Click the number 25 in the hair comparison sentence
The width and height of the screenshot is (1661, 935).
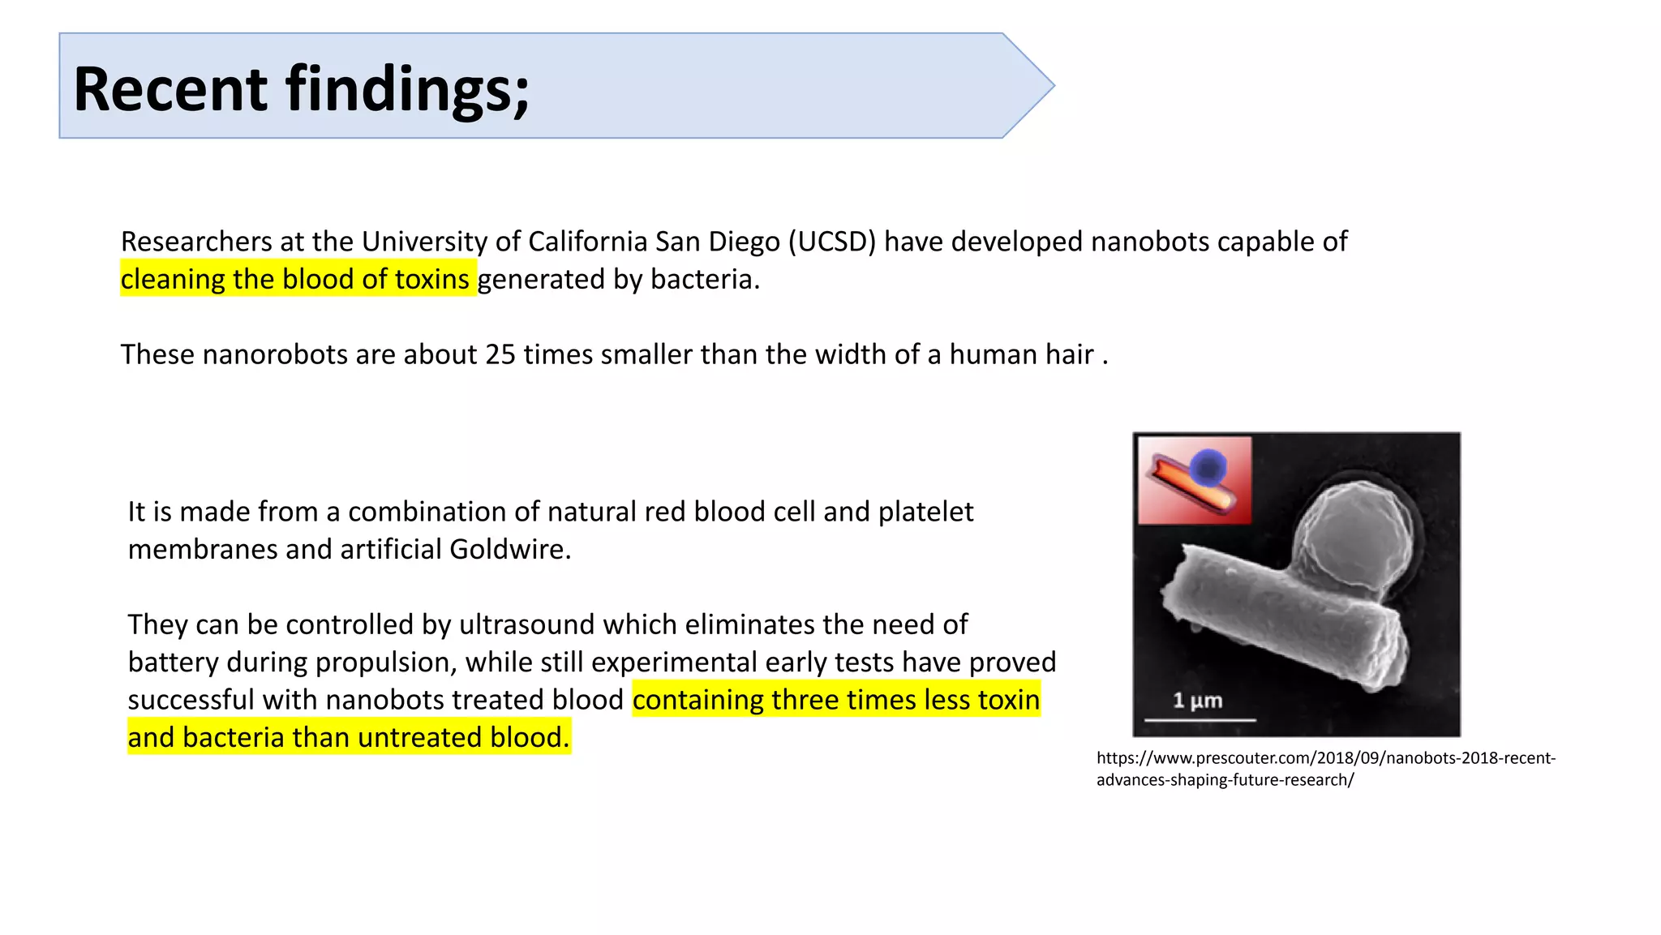pyautogui.click(x=500, y=354)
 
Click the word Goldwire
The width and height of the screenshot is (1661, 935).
pyautogui.click(x=510, y=549)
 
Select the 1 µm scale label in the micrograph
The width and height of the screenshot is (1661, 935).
pyautogui.click(x=1197, y=700)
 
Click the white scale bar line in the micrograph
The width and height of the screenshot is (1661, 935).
pyautogui.click(x=1200, y=719)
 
